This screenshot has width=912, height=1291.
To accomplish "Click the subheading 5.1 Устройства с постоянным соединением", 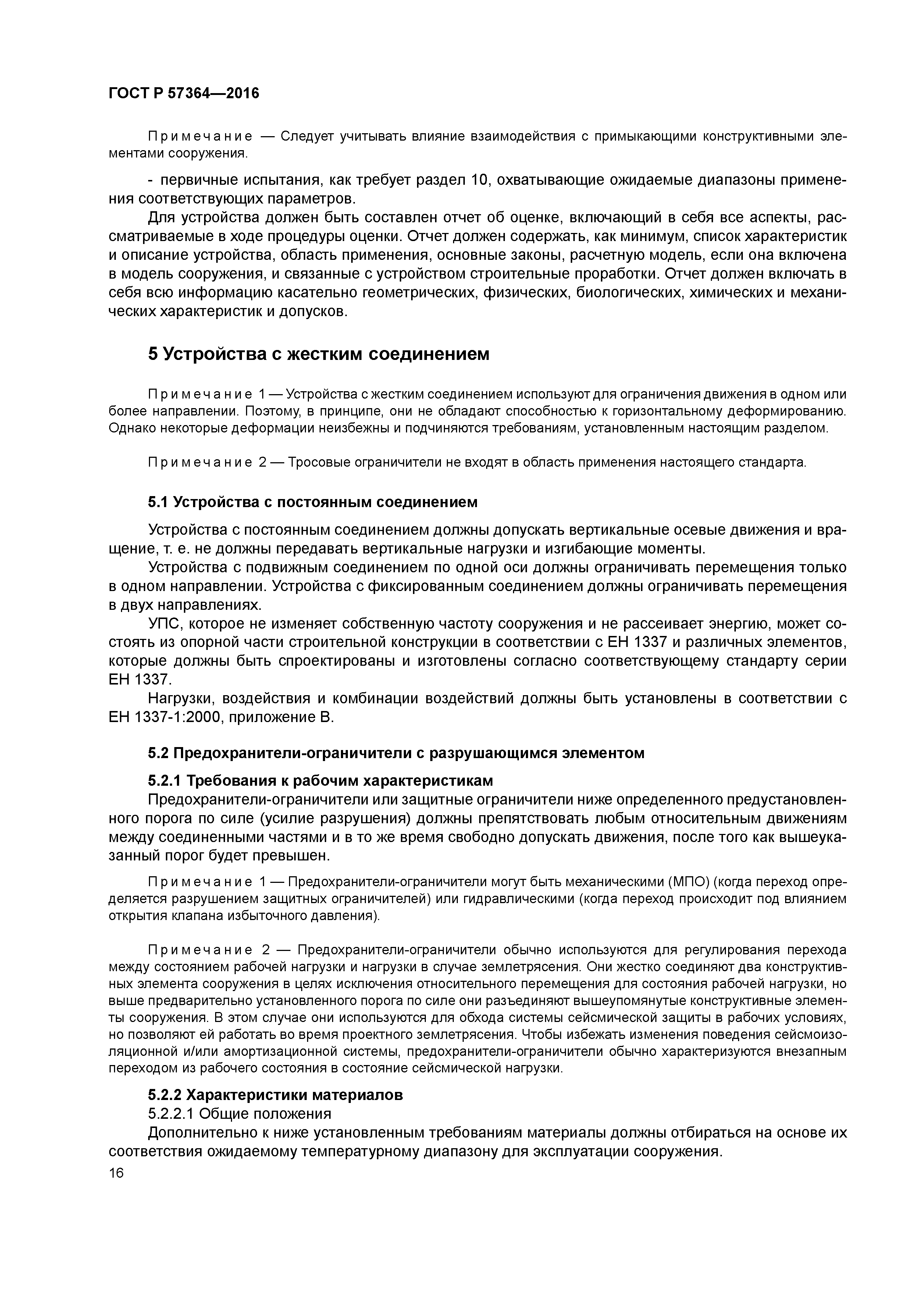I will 313,502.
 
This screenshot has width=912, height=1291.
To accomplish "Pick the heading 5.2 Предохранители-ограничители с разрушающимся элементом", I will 396,753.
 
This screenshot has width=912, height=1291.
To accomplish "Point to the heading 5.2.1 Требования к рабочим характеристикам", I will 320,781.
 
